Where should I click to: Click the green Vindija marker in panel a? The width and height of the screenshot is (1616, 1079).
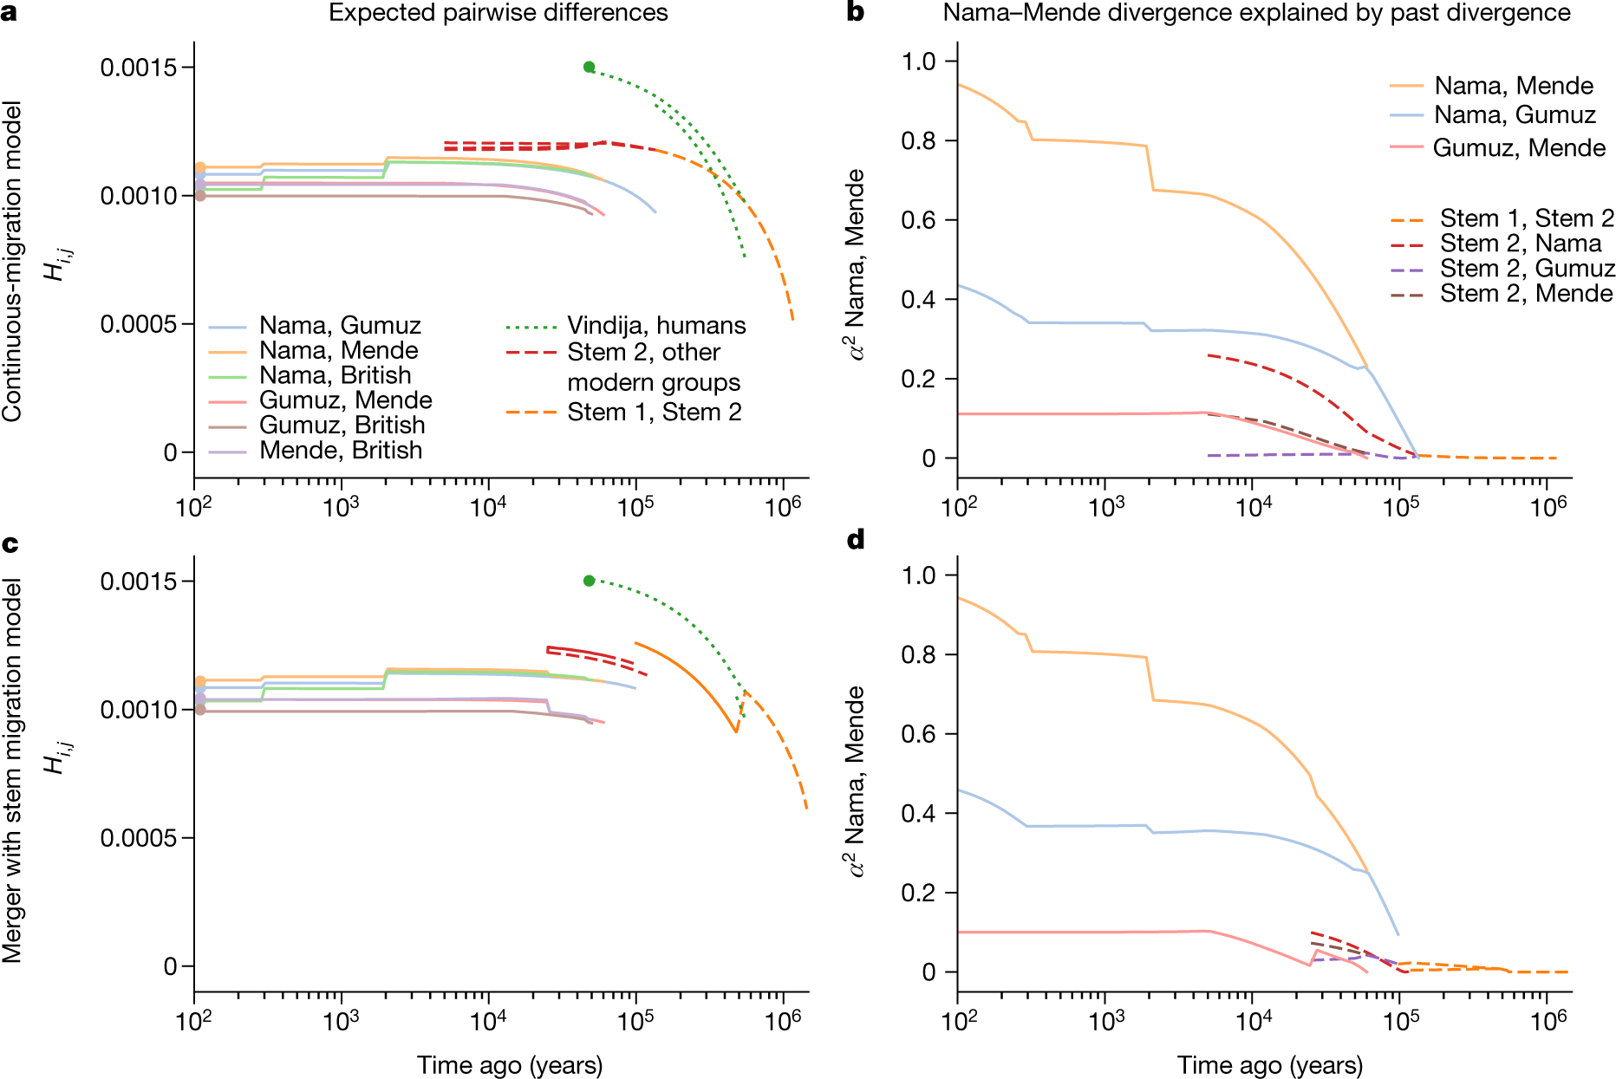[589, 67]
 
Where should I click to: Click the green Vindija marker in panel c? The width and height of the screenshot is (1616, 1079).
[589, 581]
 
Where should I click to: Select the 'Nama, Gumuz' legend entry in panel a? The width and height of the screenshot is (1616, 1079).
[315, 326]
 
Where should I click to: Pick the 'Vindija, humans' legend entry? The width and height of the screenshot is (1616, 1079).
[626, 326]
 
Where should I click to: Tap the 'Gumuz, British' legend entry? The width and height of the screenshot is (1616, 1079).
[316, 426]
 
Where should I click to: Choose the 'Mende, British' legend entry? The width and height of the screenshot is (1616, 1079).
[316, 451]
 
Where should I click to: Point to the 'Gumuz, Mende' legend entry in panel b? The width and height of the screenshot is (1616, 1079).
[1497, 148]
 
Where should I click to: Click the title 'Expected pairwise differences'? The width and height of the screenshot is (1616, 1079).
[498, 13]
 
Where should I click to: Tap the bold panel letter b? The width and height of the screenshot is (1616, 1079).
[856, 12]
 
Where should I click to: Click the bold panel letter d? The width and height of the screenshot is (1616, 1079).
[856, 540]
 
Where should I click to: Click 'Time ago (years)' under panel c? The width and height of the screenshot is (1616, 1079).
[510, 1065]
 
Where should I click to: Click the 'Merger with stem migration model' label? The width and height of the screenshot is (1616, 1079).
[12, 771]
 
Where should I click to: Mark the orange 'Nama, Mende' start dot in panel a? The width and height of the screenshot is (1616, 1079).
[200, 167]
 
